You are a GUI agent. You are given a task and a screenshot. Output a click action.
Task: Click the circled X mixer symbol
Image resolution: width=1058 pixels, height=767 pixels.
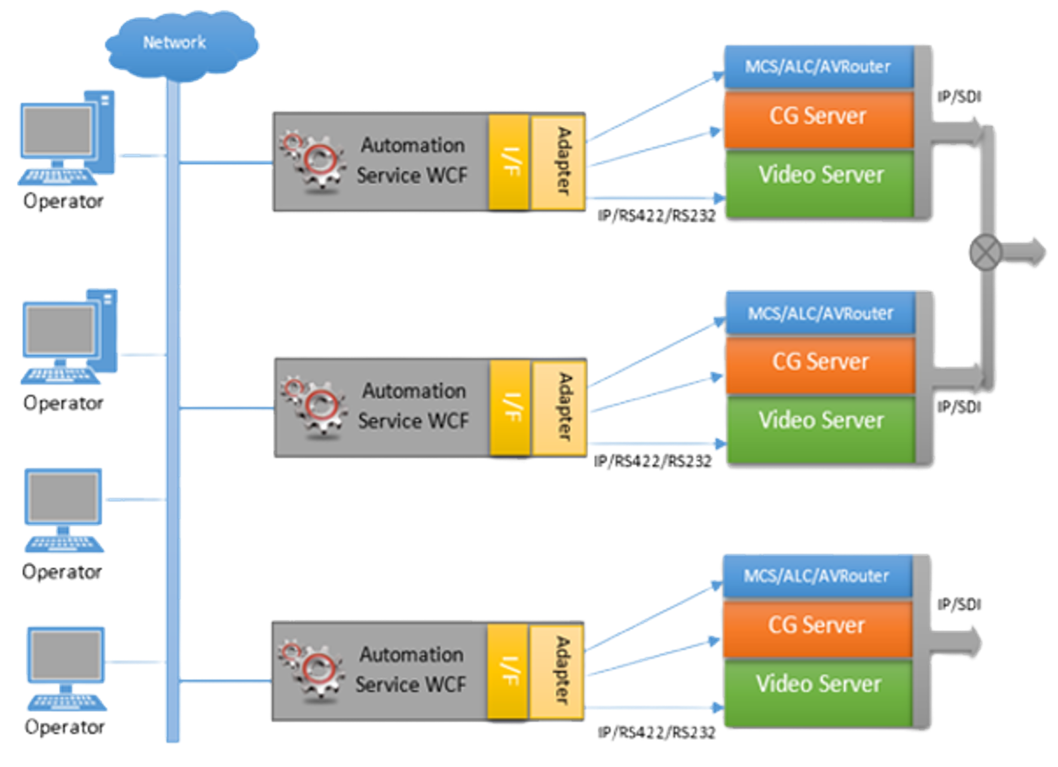click(x=984, y=252)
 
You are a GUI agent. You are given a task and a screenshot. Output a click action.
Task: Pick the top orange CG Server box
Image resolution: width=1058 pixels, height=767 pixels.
click(x=818, y=117)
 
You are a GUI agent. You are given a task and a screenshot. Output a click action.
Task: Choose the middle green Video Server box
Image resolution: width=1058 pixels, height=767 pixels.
click(x=820, y=421)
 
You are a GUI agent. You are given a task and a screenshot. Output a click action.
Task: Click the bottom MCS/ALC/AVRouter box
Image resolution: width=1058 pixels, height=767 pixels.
click(x=817, y=576)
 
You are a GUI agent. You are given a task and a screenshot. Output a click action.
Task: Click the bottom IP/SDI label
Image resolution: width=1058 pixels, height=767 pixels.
click(x=959, y=605)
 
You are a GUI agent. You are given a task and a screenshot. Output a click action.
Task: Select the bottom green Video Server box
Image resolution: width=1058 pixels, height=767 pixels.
click(x=818, y=685)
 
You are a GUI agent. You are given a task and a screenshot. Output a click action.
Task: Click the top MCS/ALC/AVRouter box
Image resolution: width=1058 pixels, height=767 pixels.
click(x=818, y=67)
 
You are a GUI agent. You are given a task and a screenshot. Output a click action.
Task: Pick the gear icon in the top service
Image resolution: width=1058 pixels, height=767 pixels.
click(x=314, y=161)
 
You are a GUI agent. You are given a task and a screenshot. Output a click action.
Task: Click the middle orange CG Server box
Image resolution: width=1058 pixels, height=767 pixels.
click(x=820, y=363)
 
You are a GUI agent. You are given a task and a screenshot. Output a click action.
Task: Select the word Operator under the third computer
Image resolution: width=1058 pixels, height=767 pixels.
click(x=62, y=572)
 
